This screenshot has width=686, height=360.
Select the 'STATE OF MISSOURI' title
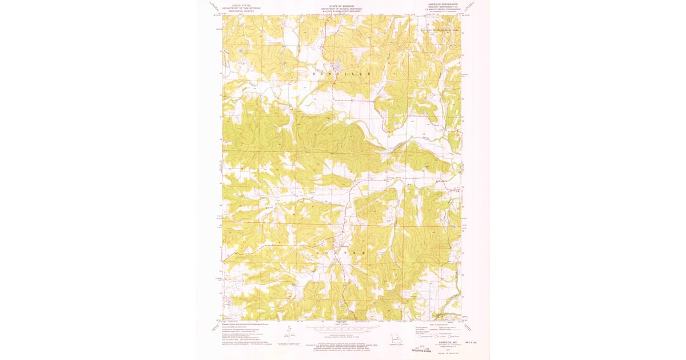click(341, 5)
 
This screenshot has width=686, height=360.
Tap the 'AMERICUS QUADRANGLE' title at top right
click(442, 3)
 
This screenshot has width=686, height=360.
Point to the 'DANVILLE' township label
click(341, 74)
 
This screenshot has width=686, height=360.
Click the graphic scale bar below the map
click(341, 329)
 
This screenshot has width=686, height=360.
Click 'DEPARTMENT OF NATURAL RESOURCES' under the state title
click(341, 7)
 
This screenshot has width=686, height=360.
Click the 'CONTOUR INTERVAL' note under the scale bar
click(341, 337)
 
